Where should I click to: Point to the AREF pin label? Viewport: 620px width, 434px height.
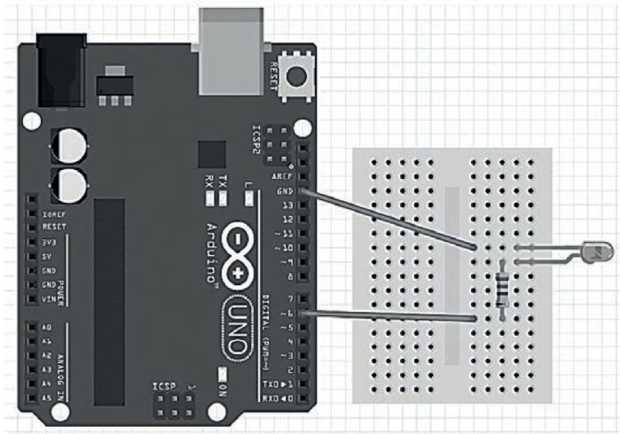[283, 177]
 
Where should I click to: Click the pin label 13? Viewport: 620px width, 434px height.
[286, 205]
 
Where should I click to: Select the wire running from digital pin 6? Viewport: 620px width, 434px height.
[390, 316]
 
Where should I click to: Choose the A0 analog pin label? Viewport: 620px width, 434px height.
[46, 328]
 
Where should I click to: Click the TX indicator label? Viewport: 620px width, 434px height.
[223, 180]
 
